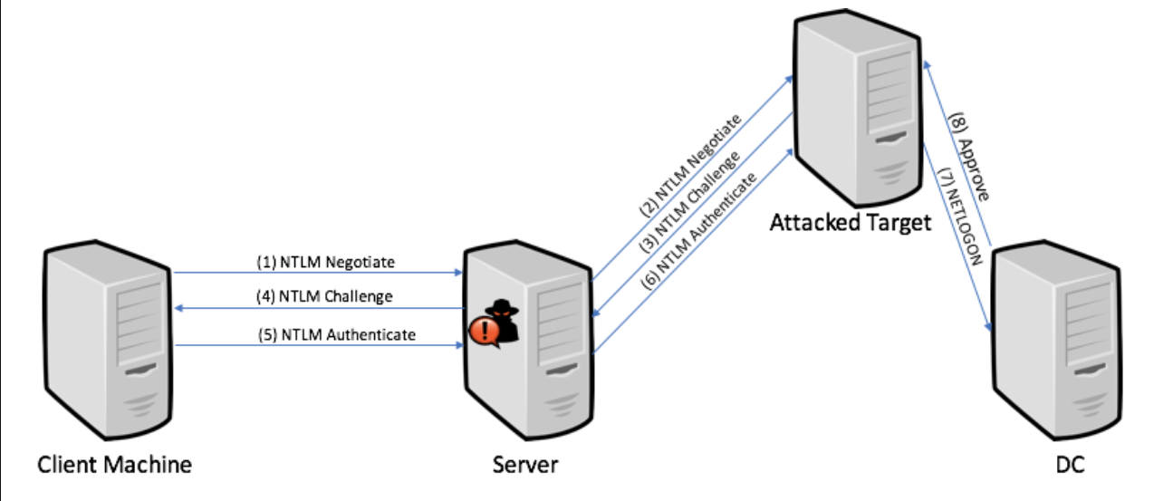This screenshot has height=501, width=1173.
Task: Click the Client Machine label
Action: pos(115,465)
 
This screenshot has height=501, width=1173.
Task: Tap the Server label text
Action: pos(525,465)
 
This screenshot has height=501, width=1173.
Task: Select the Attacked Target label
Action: pos(851,223)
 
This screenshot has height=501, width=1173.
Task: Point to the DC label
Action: pos(1070,465)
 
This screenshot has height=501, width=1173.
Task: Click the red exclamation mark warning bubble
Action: pos(485,332)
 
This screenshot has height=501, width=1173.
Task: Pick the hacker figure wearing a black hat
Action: pos(504,322)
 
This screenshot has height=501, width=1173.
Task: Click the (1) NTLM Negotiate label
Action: pos(326,262)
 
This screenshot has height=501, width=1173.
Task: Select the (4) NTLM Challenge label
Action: pos(324,296)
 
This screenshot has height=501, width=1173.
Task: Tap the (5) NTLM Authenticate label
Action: pos(337,334)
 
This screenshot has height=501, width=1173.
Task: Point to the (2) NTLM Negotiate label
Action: pos(690,166)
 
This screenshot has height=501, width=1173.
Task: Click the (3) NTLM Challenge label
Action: pos(690,202)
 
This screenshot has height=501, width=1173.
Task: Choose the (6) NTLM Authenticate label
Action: pos(699,231)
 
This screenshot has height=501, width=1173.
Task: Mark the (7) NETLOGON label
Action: pos(959,217)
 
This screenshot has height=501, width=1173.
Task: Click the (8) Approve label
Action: pos(969,156)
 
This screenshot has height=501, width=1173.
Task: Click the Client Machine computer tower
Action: pos(108,340)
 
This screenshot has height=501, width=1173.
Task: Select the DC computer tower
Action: pos(1056,340)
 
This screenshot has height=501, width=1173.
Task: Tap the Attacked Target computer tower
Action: pos(858,108)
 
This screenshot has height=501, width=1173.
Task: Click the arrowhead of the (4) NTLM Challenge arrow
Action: pos(178,308)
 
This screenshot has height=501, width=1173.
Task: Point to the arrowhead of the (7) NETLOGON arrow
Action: pos(988,326)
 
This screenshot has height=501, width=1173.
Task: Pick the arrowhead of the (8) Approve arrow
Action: pos(927,65)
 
